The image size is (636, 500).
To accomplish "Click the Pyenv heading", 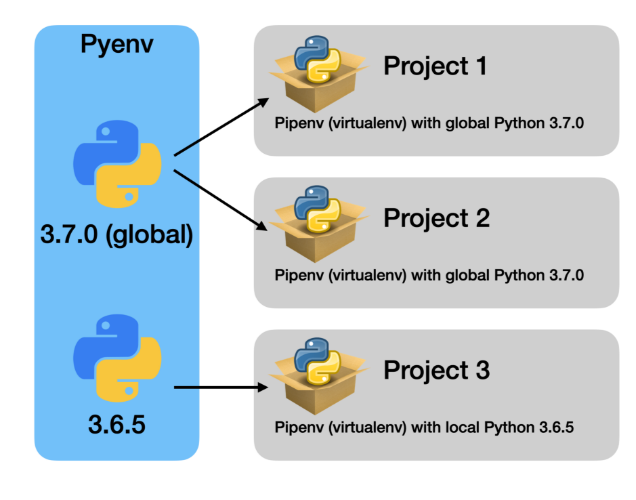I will tap(116, 44).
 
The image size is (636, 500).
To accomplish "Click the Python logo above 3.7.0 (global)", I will tap(116, 165).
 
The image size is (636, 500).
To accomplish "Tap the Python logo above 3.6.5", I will tap(116, 358).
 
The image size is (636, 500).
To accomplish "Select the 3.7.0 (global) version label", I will tap(116, 235).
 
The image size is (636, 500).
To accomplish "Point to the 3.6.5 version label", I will tap(116, 425).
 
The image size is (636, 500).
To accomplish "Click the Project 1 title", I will tap(435, 66).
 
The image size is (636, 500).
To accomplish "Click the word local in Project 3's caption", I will tap(465, 428).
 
